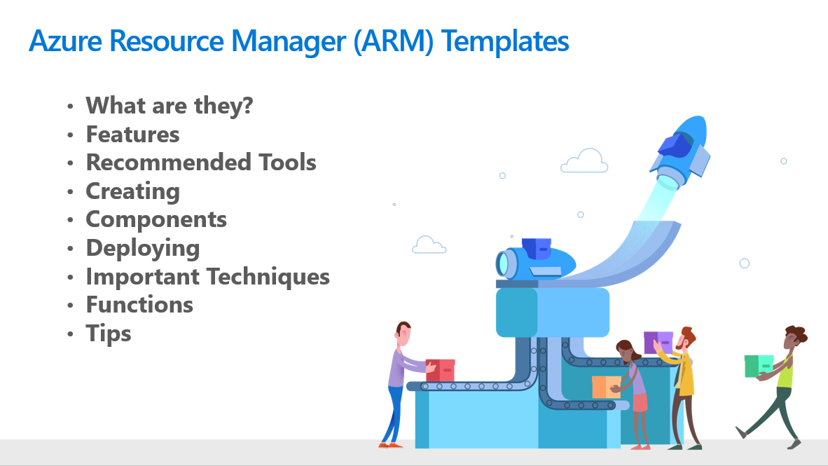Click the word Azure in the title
(x=65, y=41)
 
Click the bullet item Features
(x=132, y=135)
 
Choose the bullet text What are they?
(x=170, y=106)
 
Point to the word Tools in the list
(x=287, y=163)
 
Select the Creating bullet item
(x=132, y=192)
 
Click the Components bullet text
(x=156, y=220)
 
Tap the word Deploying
(x=143, y=248)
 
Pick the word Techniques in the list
(x=268, y=277)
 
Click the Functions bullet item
(x=139, y=305)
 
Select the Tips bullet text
(x=109, y=334)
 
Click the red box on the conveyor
(x=441, y=370)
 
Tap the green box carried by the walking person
(x=759, y=366)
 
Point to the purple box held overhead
(x=658, y=343)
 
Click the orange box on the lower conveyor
(x=606, y=388)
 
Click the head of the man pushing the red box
(x=404, y=334)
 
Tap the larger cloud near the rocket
(x=584, y=161)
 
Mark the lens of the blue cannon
(x=502, y=263)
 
